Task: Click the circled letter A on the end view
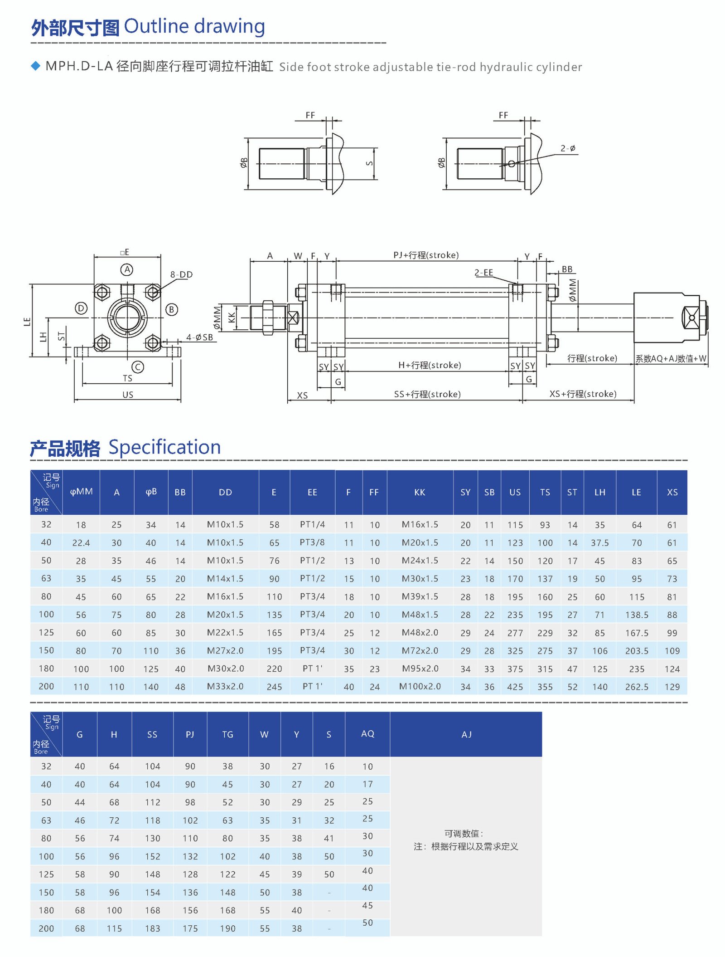pos(127,269)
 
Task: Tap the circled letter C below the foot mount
pos(138,366)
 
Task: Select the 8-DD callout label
pos(181,274)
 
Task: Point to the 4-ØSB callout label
pos(199,337)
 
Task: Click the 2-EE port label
pos(483,272)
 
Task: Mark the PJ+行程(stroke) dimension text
pos(426,255)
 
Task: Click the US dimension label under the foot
pos(128,395)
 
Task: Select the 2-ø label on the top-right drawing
pos(567,148)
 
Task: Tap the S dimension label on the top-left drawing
pos(370,163)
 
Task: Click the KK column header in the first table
pos(420,492)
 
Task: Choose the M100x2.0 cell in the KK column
pos(420,686)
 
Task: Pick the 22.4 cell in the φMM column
pos(81,542)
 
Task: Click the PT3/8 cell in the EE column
pos(312,542)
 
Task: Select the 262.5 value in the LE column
pos(636,687)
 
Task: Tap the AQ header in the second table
pos(367,733)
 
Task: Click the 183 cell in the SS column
pos(152,928)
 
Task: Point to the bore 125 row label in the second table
pos(46,874)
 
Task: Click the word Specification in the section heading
pos(164,447)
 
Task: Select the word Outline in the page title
pos(156,26)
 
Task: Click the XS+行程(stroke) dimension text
pos(583,394)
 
